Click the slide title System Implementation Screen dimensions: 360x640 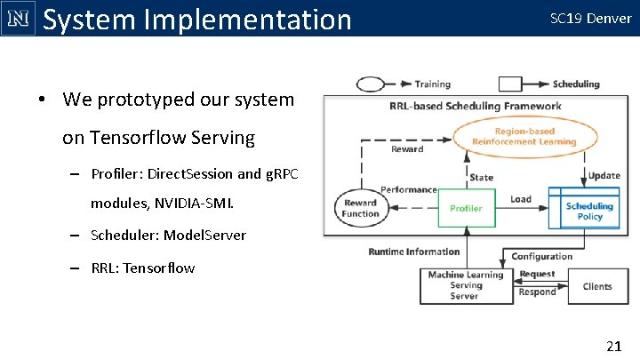[197, 19]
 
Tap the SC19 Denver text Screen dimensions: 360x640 [591, 18]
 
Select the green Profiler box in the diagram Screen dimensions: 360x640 [466, 209]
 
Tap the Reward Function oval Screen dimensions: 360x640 [360, 208]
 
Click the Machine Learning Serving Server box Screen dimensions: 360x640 [465, 285]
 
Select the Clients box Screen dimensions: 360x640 [596, 286]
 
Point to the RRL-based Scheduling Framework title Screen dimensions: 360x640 [475, 107]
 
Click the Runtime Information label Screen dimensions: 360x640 [414, 252]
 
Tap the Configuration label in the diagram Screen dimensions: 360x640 [541, 257]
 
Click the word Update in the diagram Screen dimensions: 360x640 [604, 175]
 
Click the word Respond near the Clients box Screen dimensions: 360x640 [537, 292]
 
